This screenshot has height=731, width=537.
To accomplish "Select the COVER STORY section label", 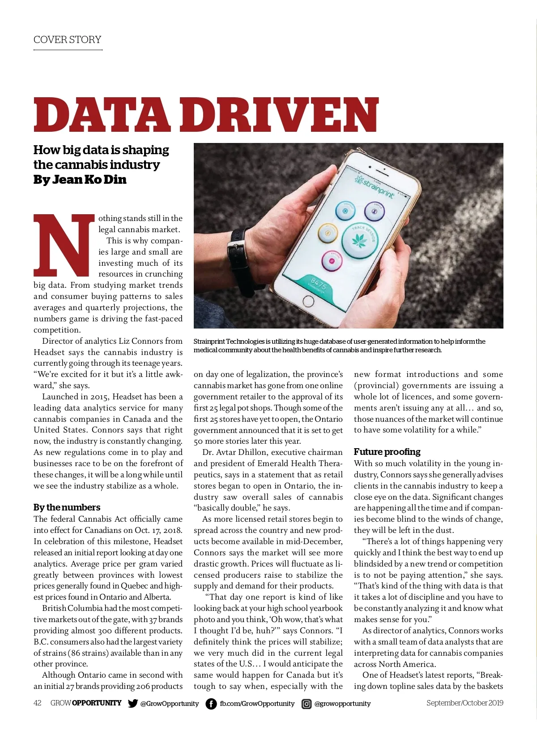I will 68,39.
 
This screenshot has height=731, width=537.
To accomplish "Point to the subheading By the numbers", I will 67,507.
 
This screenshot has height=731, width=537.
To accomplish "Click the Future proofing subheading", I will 387,452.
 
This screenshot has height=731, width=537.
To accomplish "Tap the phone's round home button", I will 308,301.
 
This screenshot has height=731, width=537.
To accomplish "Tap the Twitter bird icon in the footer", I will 132,703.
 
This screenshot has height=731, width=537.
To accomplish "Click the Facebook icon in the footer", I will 211,704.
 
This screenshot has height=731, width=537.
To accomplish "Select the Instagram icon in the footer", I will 307,704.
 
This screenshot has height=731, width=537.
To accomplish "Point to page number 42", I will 38,703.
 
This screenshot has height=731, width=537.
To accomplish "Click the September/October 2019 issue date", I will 465,703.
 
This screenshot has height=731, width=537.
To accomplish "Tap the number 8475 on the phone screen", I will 319,284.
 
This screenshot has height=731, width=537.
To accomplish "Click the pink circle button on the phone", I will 332,260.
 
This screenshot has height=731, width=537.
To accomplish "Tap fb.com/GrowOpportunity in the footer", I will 257,703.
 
